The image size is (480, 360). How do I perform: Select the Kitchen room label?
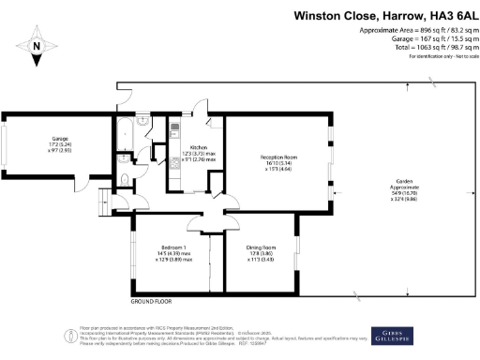tap(199, 148)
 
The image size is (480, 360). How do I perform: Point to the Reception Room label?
tap(277, 156)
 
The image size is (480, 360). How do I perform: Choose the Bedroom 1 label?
tap(171, 247)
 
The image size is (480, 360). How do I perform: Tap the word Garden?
tap(405, 183)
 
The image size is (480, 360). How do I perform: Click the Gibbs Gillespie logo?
tap(399, 335)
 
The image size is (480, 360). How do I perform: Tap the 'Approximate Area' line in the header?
tap(417, 31)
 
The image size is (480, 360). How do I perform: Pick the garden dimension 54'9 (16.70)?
tap(404, 194)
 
